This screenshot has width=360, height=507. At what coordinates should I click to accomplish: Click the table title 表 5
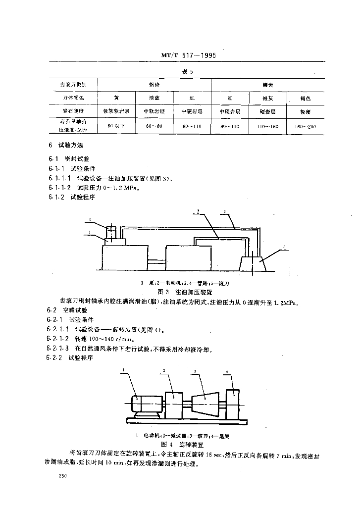click(186, 72)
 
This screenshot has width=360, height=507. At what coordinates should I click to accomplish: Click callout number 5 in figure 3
click(285, 246)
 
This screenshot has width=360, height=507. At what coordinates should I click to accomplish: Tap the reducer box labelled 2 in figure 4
click(172, 404)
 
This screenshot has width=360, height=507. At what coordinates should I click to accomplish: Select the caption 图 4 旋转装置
click(184, 444)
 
